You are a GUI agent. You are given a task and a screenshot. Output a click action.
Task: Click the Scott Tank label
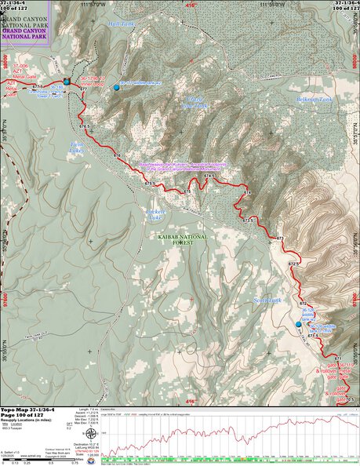coord(267,300)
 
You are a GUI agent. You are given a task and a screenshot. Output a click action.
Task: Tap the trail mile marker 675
coord(187,191)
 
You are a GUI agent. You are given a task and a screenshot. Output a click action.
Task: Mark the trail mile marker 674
coord(246,192)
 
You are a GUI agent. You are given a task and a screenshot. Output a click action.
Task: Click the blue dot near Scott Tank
coord(298,323)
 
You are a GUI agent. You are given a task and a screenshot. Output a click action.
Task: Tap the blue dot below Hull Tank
coord(117,87)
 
